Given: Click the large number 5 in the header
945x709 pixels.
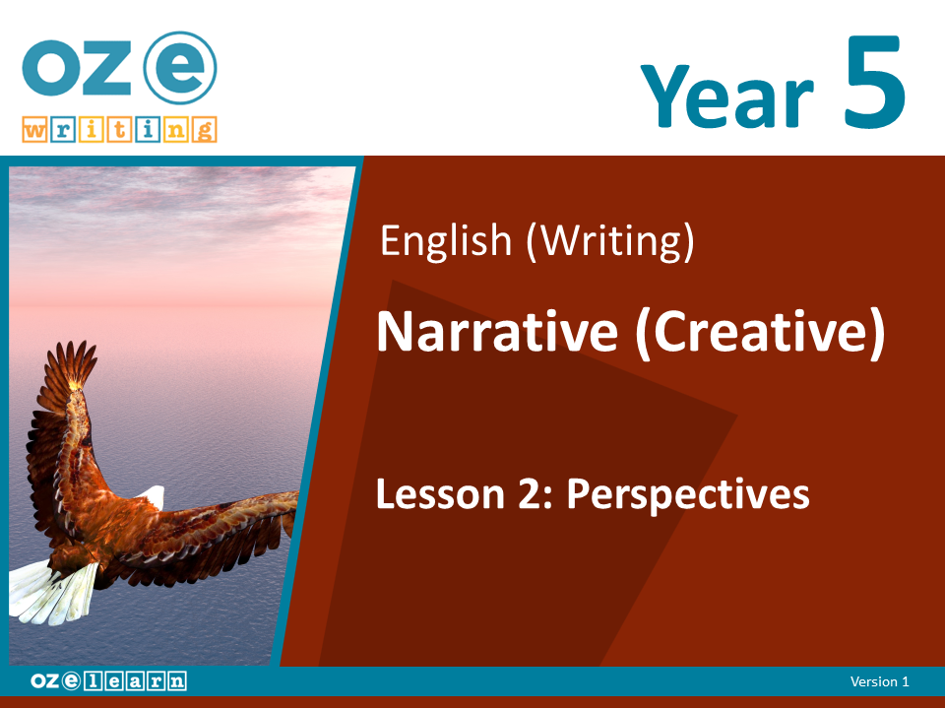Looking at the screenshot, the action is (873, 82).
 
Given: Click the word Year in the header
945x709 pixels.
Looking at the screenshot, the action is (727, 96).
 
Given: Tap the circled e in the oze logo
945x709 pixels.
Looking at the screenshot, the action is (180, 68).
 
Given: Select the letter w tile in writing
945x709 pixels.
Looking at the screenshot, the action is (34, 130).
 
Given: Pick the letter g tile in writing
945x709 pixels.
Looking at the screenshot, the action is (205, 130).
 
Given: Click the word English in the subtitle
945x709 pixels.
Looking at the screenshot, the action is (446, 242).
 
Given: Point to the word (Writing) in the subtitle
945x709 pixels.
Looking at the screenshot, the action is (610, 242).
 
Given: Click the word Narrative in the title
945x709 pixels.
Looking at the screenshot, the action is (497, 332).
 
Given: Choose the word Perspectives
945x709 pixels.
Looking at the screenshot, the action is (688, 496).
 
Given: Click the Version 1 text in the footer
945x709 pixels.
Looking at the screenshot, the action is (879, 681).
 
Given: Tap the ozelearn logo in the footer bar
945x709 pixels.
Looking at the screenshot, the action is (108, 680).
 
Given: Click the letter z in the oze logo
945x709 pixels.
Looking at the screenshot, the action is (106, 68).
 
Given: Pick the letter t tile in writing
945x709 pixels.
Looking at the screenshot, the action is (119, 130).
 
